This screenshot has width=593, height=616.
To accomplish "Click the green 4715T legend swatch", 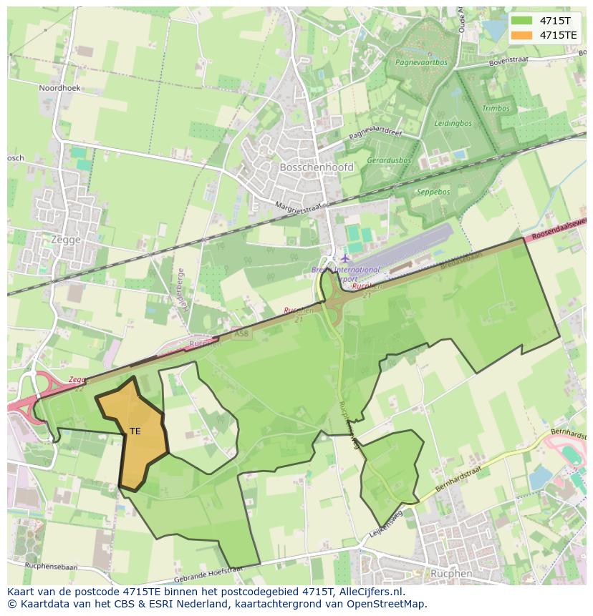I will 521,20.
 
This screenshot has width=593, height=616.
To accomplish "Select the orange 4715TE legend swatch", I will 521,34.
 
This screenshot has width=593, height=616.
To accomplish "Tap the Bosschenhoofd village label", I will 307,167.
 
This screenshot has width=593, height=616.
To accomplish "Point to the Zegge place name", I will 66,240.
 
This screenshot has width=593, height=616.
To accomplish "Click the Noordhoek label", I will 60,88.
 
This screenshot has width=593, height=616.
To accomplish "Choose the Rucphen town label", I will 451,573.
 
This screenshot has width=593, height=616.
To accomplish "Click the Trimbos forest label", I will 496,109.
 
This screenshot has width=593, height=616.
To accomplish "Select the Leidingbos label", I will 453,123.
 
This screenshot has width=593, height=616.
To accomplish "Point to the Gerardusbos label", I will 389,161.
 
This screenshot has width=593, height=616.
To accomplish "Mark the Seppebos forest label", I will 433,192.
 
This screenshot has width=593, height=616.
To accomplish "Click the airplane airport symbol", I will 345,258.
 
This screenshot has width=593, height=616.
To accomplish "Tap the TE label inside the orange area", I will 135,431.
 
